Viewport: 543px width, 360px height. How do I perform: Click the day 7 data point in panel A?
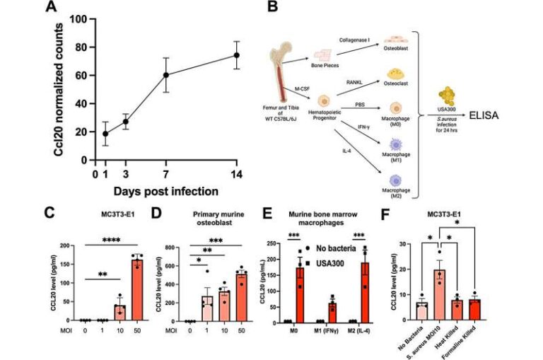pyautogui.click(x=167, y=74)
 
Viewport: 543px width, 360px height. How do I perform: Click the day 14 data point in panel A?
pyautogui.click(x=238, y=55)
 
